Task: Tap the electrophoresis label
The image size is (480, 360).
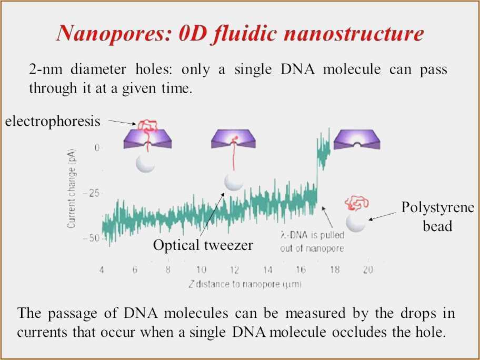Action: [53, 121]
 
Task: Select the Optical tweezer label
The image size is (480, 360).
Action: [203, 245]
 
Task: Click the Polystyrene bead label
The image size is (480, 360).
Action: [438, 217]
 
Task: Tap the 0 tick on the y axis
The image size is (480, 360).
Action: [97, 148]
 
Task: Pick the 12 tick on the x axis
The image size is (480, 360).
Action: [234, 269]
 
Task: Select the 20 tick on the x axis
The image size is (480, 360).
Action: [368, 269]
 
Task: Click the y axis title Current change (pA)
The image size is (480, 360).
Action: [72, 188]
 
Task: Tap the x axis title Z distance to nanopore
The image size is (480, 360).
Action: [245, 284]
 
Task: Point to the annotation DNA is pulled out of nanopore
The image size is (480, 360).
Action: [312, 242]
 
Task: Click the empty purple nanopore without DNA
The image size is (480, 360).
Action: [357, 139]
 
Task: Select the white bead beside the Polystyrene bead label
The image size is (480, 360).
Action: [356, 222]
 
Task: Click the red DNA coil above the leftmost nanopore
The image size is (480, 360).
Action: [148, 125]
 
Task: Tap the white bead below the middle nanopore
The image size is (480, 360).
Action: [234, 182]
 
